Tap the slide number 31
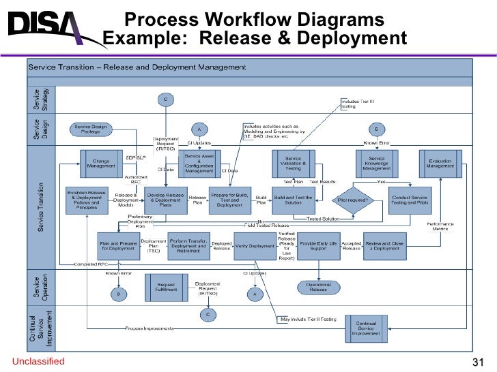[478, 362]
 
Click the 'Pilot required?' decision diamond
[353, 200]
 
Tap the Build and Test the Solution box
[294, 200]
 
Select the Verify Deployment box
[254, 246]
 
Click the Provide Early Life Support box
[318, 246]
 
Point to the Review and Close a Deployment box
[384, 246]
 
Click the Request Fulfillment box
[166, 288]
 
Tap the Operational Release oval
[318, 287]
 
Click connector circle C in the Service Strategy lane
[165, 99]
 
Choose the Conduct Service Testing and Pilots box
[410, 200]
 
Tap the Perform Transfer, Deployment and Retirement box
[188, 246]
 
